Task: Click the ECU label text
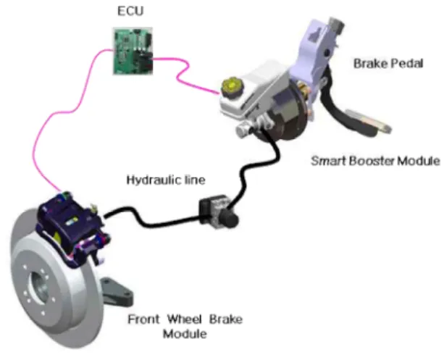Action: click(130, 11)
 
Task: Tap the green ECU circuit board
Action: click(133, 51)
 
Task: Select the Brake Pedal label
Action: click(388, 64)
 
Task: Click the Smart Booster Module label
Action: click(375, 161)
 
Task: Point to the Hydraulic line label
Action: click(166, 180)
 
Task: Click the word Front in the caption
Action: click(143, 319)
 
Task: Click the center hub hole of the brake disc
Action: click(40, 287)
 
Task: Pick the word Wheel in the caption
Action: click(185, 319)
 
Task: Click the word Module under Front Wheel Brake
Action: click(185, 334)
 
